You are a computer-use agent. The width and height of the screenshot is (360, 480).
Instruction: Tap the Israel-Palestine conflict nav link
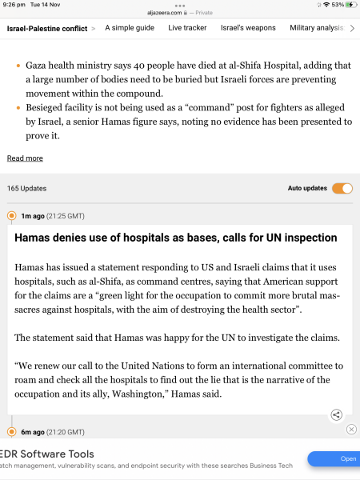[47, 28]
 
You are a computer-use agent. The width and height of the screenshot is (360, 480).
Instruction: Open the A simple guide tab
[130, 28]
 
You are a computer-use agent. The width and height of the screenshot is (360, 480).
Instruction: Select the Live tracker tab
[187, 28]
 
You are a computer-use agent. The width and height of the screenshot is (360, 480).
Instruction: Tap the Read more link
[25, 158]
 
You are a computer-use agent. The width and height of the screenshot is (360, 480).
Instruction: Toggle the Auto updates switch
[342, 189]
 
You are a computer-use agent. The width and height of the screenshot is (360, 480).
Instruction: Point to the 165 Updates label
[26, 189]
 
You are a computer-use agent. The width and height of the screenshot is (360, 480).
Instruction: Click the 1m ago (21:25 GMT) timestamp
[53, 216]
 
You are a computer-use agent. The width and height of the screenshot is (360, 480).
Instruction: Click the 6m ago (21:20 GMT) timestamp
[53, 432]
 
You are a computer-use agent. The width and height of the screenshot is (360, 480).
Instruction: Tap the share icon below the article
[337, 414]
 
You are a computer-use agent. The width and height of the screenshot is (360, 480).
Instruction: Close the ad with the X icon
[351, 430]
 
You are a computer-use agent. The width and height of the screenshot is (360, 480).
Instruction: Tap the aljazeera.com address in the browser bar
[180, 13]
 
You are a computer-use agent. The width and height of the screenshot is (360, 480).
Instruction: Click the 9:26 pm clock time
[15, 5]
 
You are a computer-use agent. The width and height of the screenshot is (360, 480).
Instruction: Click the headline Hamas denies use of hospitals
[175, 238]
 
